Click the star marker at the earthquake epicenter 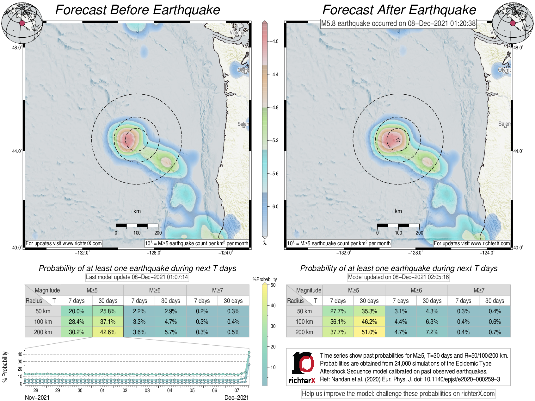point(398,140)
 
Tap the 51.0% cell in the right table point(369,332)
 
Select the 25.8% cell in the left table point(108,311)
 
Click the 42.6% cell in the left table point(108,332)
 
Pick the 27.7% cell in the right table point(338,311)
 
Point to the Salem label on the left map point(243,124)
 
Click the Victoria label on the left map point(237,33)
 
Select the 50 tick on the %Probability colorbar point(273,285)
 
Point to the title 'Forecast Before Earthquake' point(138,10)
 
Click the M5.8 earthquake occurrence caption point(398,23)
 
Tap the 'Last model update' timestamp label point(137,277)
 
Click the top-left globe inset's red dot point(22,23)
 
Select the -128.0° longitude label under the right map point(415,253)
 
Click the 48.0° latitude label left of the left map point(17,47)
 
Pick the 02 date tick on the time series point(125,390)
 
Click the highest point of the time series point(249,352)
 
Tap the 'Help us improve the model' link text point(398,394)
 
